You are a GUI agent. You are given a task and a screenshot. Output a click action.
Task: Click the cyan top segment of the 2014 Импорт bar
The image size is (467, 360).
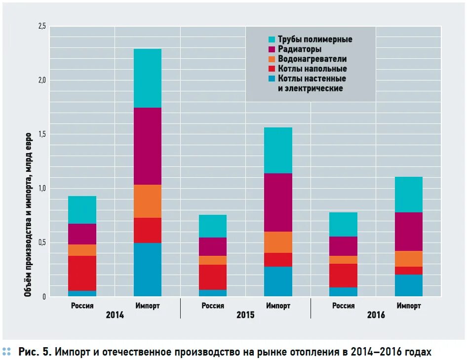coord(148,78)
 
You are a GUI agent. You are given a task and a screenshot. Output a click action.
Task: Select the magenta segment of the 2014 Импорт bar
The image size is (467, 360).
coord(148,146)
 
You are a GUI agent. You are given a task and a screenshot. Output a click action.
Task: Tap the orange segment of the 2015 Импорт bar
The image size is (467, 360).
coord(278,242)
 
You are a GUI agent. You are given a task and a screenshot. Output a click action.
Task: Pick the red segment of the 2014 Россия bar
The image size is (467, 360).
coord(82,273)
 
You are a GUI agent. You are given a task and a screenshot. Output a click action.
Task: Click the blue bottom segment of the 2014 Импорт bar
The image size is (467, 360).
coord(148,270)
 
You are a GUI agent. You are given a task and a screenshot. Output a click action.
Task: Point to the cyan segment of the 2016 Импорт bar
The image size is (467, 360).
coord(409,195)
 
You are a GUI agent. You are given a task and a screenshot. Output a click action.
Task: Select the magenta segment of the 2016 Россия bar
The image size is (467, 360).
coord(344,246)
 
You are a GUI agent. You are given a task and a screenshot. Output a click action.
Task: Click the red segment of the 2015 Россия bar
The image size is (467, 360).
coord(213,277)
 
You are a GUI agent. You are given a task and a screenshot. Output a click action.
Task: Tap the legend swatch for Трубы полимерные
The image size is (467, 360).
coord(272,40)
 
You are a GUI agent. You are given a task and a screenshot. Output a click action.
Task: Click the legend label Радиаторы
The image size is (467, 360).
coord(300,49)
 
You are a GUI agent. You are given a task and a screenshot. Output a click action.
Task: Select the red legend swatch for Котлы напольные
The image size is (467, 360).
coord(272,69)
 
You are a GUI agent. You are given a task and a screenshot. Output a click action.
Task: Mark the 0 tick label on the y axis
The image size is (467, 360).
coord(43,296)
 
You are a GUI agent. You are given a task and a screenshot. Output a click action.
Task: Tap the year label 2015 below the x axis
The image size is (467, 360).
coord(245,315)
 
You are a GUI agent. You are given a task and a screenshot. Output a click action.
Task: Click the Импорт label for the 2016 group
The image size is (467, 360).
coord(409,306)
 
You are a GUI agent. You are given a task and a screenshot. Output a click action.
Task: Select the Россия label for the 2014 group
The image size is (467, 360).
coord(82,306)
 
